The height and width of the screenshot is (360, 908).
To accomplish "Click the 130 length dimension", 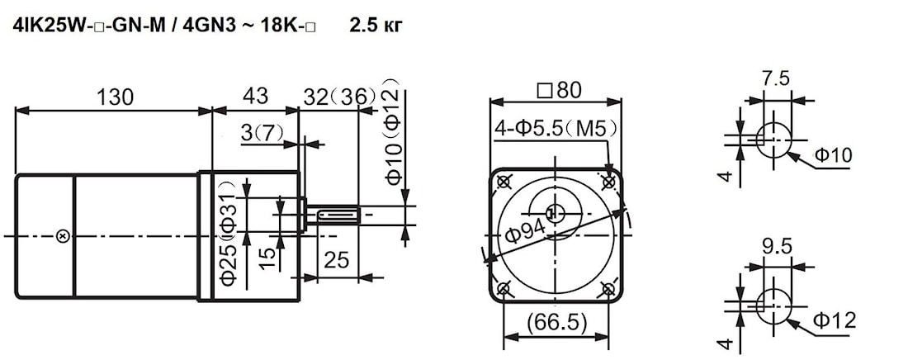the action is point(116,97).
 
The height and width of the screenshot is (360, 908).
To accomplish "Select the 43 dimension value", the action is point(255,96).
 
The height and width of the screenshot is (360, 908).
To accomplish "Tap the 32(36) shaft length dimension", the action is point(339,97).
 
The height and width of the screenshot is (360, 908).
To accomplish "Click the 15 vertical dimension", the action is point(267,258).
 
